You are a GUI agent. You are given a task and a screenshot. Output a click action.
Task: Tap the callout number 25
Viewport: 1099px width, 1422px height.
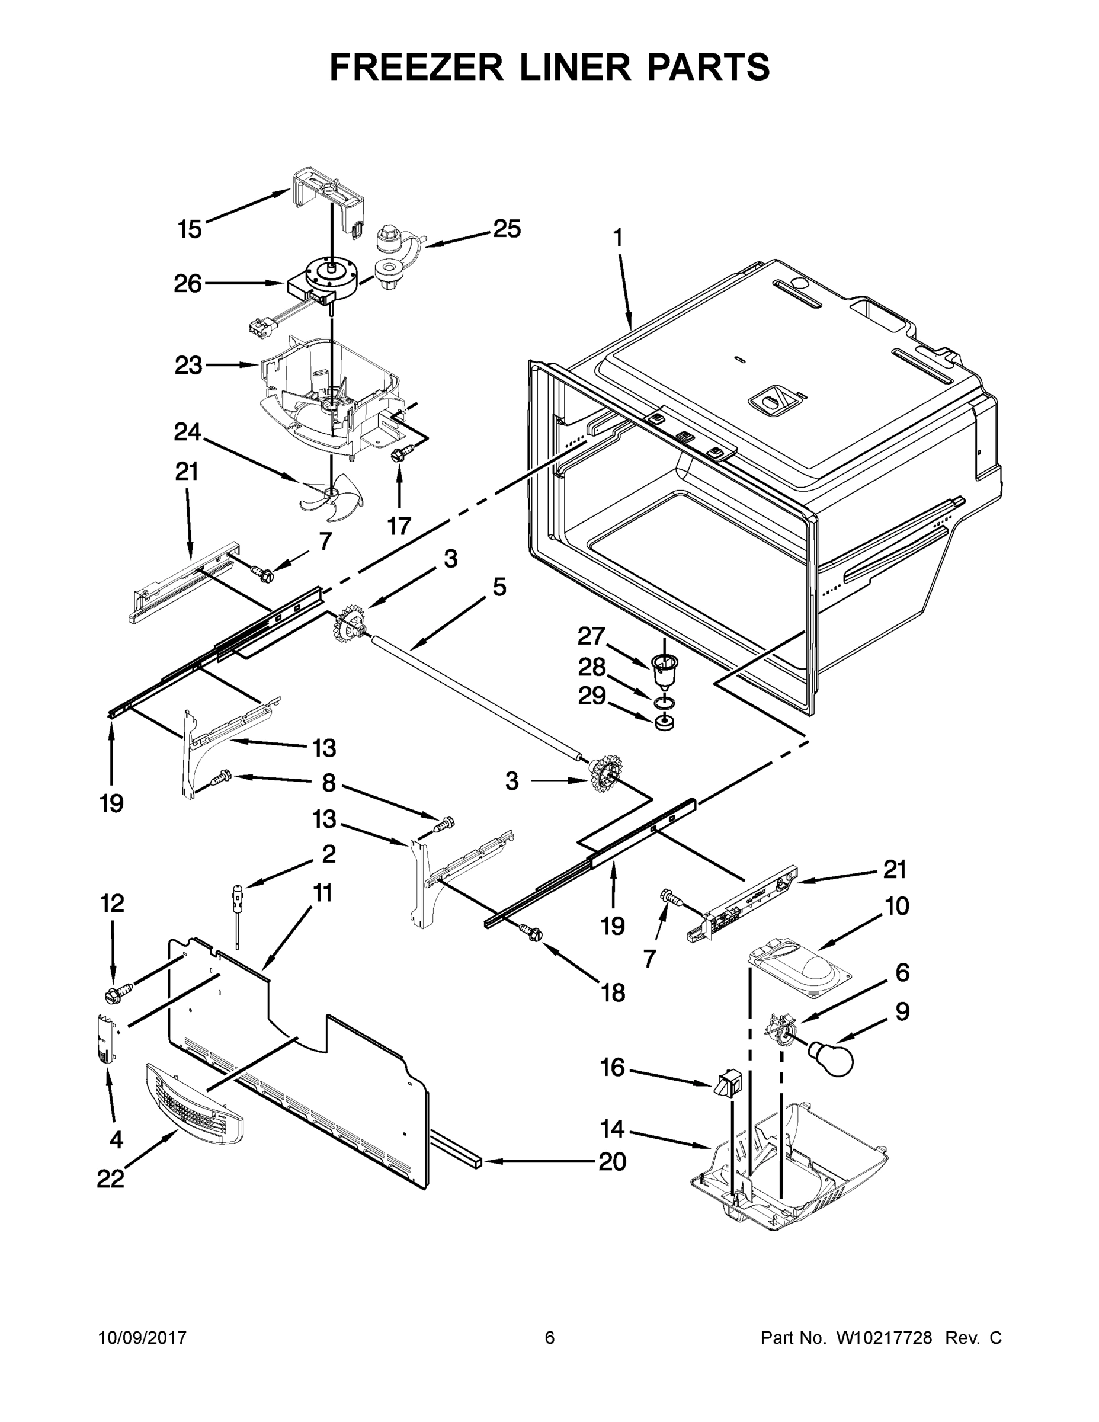click(507, 229)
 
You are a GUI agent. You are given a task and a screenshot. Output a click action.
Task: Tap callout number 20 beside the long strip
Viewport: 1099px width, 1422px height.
click(612, 1161)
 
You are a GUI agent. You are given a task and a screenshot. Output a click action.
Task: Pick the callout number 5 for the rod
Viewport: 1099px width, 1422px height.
click(499, 587)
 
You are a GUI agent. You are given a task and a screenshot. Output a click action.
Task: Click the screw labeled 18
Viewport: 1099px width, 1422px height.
click(531, 933)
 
